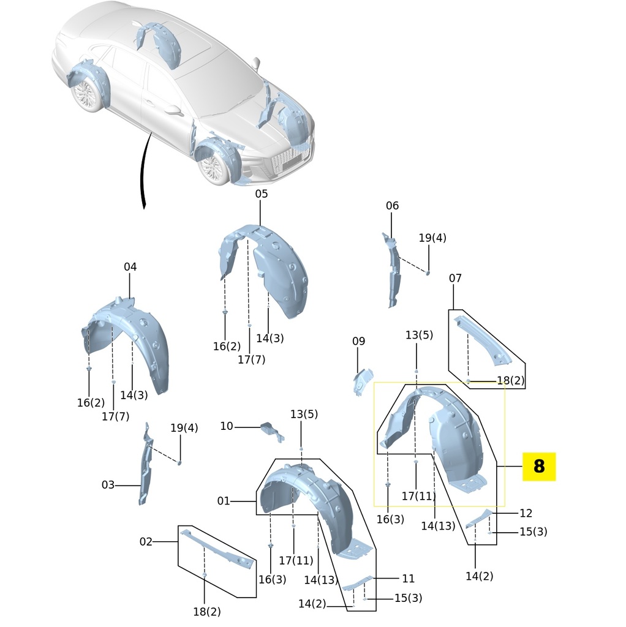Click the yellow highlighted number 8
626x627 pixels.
538,467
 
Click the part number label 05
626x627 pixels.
262,194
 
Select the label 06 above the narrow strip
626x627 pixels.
392,206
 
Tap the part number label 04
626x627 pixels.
130,267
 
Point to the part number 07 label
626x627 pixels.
455,279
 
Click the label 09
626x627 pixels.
358,341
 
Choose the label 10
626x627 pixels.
227,426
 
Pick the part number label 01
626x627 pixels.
224,501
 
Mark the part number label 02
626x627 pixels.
146,541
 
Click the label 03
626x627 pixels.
108,485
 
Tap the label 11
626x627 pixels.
409,578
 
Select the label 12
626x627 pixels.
526,513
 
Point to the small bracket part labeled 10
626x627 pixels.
271,430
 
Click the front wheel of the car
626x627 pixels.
214,166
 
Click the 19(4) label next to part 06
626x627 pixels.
432,238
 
